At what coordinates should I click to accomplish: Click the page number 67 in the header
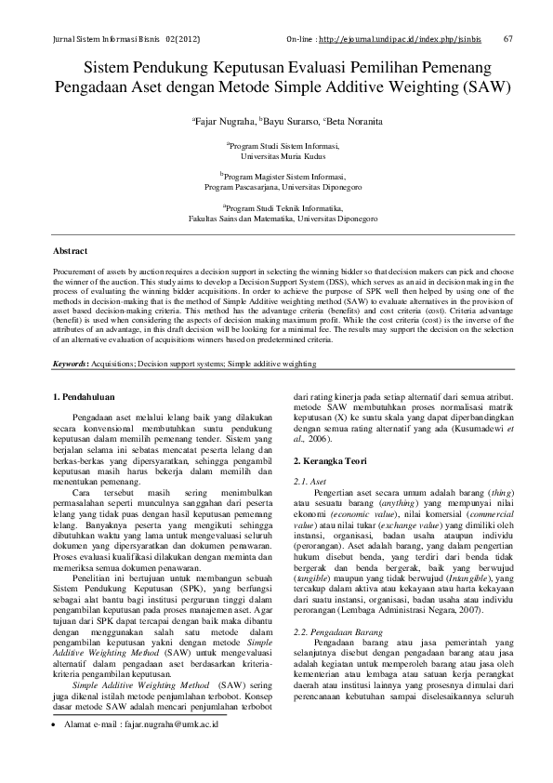[x=507, y=39]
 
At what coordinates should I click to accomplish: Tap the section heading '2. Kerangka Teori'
[x=334, y=461]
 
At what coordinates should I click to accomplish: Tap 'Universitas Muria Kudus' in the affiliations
[x=277, y=157]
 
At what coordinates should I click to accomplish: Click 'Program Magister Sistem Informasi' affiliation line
[x=276, y=175]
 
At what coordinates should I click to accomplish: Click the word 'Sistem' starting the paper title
[x=110, y=70]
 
